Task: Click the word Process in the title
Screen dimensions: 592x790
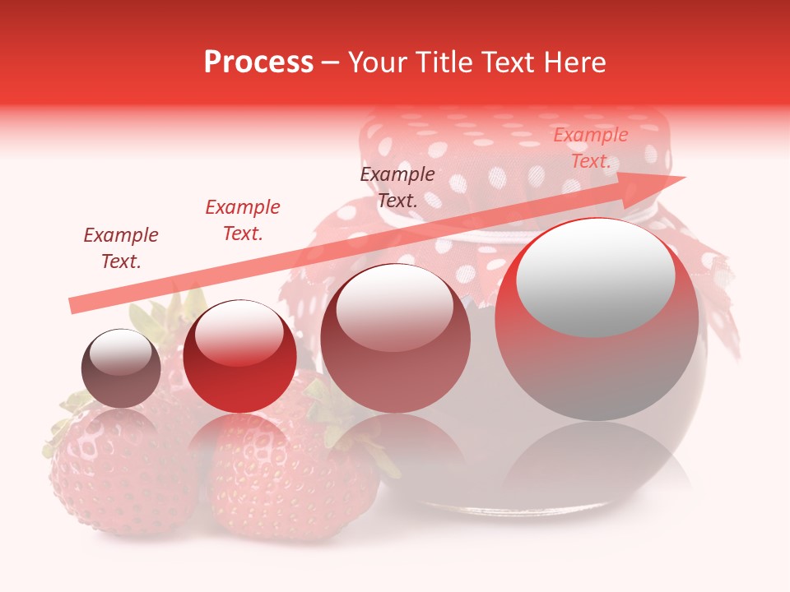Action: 258,62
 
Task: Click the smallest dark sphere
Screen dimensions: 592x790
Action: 121,368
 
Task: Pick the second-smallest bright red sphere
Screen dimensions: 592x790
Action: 239,356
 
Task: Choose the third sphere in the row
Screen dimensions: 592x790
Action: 395,338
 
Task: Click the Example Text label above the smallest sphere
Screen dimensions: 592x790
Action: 121,248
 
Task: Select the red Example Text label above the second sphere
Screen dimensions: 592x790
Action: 243,220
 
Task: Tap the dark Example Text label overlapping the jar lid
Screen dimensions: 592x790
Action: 397,187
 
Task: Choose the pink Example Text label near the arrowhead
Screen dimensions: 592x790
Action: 590,148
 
